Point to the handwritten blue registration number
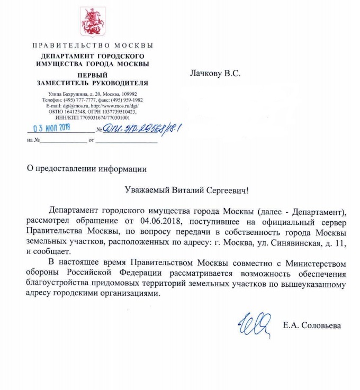click(x=134, y=127)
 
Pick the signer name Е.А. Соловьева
click(x=312, y=325)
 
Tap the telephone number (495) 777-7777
click(x=80, y=99)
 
